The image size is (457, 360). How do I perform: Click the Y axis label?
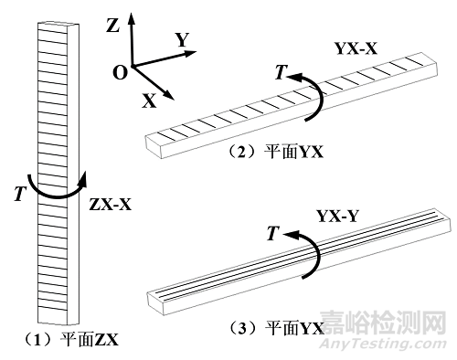(182, 40)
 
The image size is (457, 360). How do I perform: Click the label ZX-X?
(111, 205)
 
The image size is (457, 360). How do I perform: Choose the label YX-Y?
(338, 217)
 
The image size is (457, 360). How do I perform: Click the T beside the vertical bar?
(16, 194)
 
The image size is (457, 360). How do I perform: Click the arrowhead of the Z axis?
(132, 17)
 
